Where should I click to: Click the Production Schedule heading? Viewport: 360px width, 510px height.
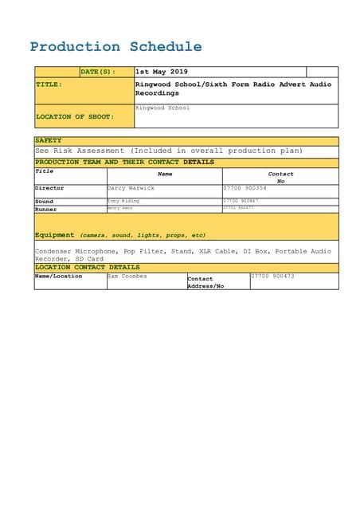[115, 47]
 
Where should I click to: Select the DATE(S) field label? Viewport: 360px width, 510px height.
[97, 72]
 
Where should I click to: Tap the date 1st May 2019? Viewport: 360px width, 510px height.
[162, 72]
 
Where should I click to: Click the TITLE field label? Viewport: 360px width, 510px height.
[49, 84]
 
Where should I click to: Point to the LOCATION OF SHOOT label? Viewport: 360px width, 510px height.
[74, 116]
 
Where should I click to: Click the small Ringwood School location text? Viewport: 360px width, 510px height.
[162, 108]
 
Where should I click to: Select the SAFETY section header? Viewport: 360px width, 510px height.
[49, 140]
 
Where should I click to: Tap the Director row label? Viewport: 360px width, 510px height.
[49, 188]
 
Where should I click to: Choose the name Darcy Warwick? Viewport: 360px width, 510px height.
[131, 188]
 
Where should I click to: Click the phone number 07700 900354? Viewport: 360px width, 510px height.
[246, 188]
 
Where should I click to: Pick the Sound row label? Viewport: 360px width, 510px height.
[44, 202]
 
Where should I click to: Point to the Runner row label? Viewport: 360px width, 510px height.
[45, 209]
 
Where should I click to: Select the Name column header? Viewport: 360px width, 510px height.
[165, 173]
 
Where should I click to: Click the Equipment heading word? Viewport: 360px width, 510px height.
[55, 235]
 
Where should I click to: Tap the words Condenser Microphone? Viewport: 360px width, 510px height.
[75, 251]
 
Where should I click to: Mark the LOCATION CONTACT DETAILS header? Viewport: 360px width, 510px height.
[87, 268]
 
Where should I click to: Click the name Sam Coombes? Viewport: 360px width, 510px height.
[127, 277]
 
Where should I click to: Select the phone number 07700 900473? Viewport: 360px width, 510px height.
[273, 277]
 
